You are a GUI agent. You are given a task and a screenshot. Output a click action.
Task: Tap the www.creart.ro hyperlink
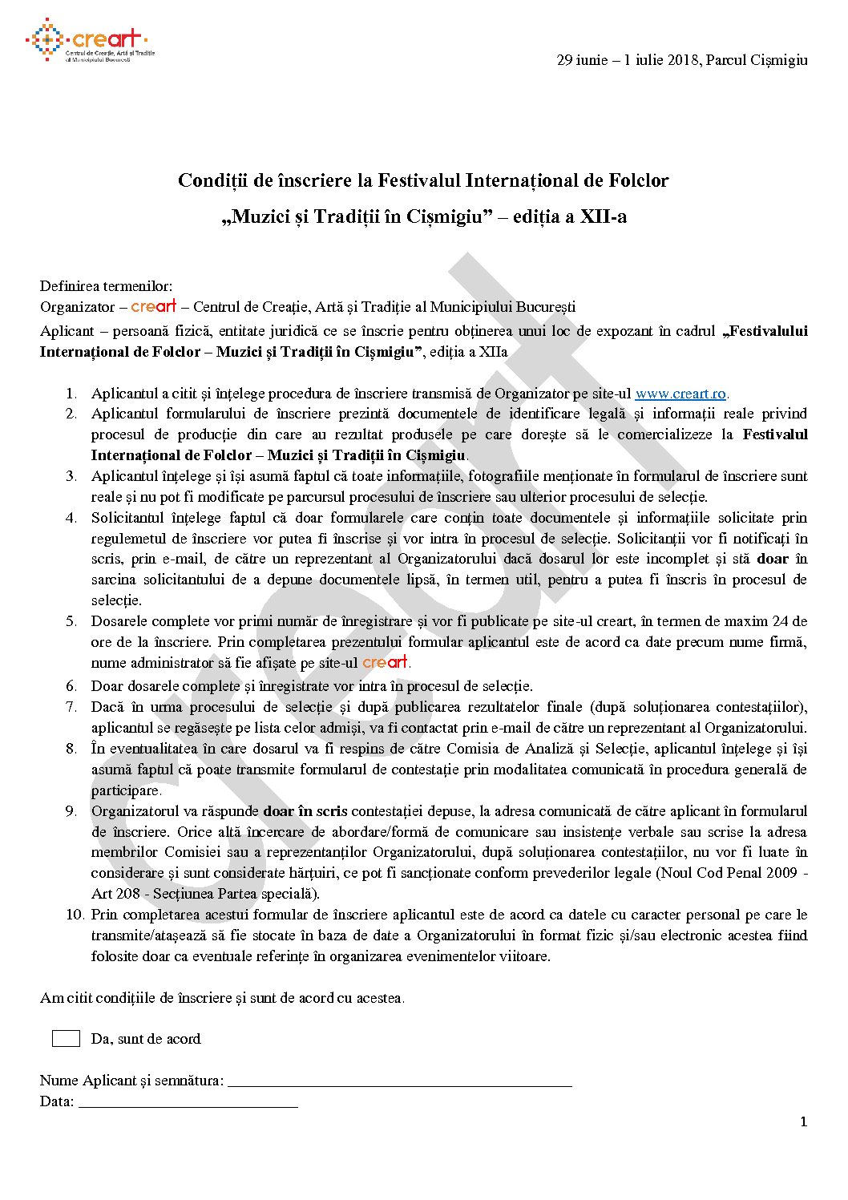(x=680, y=394)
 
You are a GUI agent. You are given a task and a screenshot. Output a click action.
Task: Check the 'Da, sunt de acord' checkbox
(x=66, y=1039)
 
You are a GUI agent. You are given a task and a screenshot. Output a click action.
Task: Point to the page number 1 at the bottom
(x=803, y=1122)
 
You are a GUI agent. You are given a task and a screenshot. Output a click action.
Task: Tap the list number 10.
(x=75, y=915)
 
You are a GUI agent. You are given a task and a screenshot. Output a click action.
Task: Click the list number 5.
(x=71, y=621)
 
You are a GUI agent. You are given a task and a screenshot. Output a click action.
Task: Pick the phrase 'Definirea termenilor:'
(x=106, y=286)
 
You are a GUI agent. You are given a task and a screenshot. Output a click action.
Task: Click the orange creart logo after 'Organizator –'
(x=153, y=306)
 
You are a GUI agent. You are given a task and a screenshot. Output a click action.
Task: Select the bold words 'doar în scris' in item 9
(x=305, y=811)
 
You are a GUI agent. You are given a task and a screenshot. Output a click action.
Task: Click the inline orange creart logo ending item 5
(x=385, y=662)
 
